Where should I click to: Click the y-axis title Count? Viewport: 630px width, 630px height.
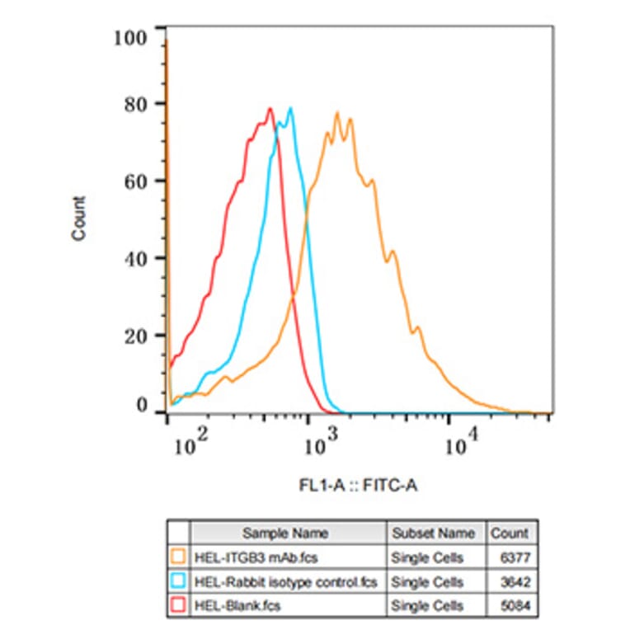click(x=79, y=219)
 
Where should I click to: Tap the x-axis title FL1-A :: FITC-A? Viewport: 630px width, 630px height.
click(x=358, y=486)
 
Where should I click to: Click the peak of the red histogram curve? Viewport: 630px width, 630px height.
click(x=270, y=109)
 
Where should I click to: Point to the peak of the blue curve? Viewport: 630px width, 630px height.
click(x=290, y=109)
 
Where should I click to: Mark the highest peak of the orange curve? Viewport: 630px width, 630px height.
click(x=336, y=113)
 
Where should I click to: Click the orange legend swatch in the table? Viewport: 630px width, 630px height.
click(x=178, y=557)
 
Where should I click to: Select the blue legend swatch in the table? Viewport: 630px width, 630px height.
click(x=178, y=582)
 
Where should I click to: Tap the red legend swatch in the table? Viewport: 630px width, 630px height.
click(x=178, y=606)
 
